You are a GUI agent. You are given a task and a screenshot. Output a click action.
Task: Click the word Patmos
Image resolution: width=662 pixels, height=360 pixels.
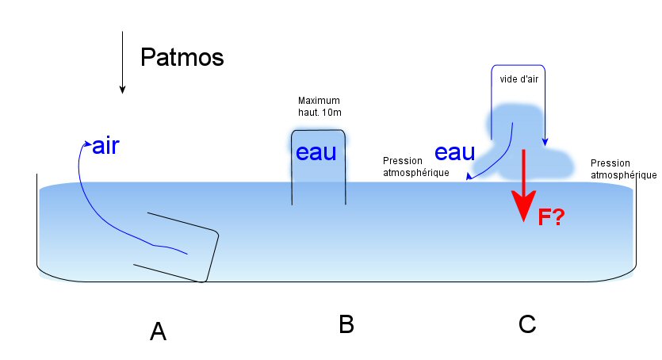(x=182, y=58)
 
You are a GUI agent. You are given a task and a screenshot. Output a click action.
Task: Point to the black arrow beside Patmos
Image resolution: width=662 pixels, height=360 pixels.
(x=122, y=63)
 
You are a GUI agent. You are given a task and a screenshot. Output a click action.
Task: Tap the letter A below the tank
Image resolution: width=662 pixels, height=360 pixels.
(x=158, y=331)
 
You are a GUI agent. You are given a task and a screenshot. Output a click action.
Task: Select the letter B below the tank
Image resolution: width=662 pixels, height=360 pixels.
(x=346, y=324)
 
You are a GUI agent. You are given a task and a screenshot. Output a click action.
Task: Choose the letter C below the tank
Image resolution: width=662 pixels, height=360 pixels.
(x=526, y=324)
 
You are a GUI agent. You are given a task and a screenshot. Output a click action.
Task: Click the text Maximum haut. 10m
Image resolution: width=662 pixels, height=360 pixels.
(x=319, y=106)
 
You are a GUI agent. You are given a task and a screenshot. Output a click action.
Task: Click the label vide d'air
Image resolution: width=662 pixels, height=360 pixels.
(x=519, y=79)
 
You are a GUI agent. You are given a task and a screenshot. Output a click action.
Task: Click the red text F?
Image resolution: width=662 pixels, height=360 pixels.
(x=550, y=217)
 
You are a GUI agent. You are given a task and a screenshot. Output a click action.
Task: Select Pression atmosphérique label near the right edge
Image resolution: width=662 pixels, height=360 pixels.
(x=624, y=168)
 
